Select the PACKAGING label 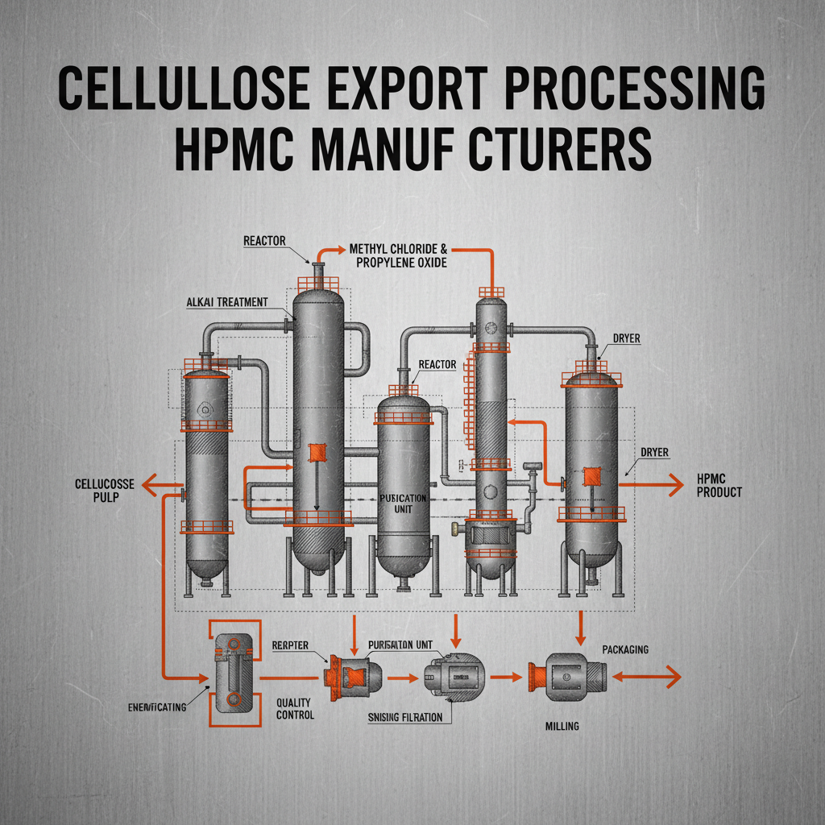(624, 649)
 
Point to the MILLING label (562, 726)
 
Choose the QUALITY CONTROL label (294, 708)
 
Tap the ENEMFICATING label (157, 707)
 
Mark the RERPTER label (296, 646)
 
